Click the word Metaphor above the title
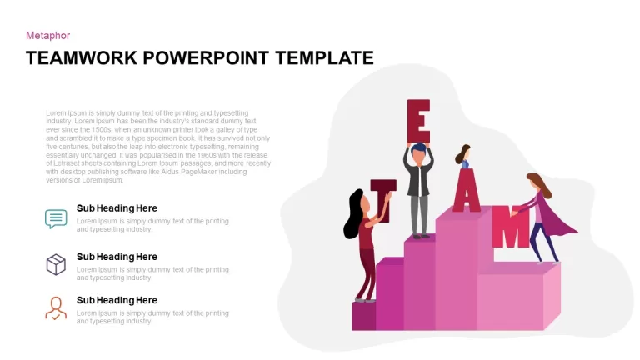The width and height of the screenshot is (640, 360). point(47,36)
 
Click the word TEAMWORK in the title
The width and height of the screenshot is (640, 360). point(82,58)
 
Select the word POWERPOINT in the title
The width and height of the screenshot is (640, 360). point(206,58)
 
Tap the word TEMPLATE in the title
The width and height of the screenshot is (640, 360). point(324,58)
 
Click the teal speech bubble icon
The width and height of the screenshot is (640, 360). point(56,219)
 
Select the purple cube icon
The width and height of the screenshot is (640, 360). point(56,264)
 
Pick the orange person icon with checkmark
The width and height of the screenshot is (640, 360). point(56,308)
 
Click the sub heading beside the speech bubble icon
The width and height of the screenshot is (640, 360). point(117,208)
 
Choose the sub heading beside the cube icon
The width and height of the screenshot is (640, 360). point(117,257)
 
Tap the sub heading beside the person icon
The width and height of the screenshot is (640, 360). point(117,300)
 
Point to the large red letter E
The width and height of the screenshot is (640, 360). point(418,121)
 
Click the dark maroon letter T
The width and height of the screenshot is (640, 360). point(383,200)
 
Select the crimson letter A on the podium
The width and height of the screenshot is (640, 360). point(467,190)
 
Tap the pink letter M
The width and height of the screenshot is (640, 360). point(511,227)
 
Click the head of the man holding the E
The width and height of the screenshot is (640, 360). point(418,154)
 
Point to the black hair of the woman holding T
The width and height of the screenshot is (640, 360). point(353,214)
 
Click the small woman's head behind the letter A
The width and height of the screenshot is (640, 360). point(463,155)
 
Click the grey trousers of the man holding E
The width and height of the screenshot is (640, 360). point(419,214)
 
